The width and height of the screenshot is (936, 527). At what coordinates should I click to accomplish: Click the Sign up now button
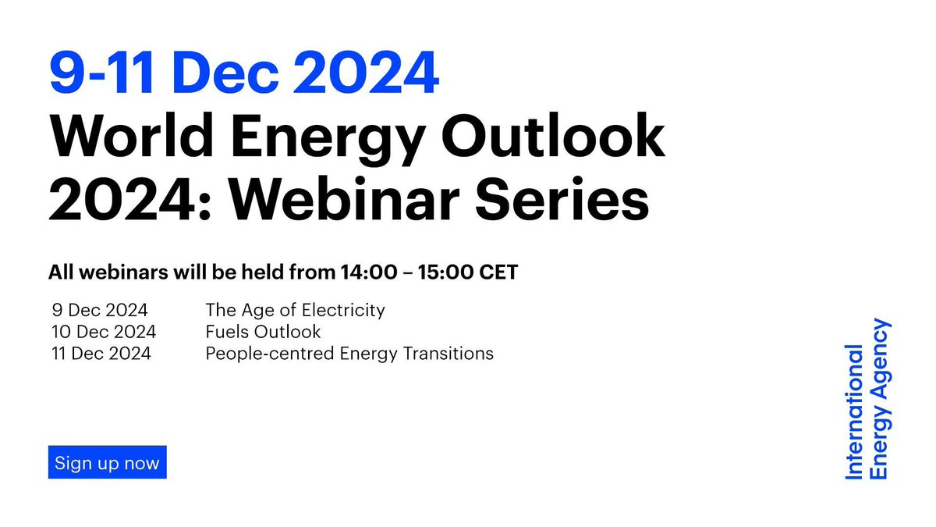[x=107, y=462]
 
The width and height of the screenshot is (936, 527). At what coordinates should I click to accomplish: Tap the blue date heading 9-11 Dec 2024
[x=243, y=74]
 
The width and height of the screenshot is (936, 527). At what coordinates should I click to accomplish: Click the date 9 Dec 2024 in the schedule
[x=100, y=310]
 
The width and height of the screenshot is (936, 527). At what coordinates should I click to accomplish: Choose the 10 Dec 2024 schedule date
[x=104, y=332]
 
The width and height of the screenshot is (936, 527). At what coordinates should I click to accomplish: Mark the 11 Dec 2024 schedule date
[x=101, y=354]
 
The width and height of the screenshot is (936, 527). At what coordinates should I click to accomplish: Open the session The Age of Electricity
[x=295, y=310]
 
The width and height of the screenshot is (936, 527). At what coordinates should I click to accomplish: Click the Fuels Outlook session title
[x=263, y=332]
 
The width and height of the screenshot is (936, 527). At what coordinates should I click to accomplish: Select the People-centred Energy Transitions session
[x=349, y=354]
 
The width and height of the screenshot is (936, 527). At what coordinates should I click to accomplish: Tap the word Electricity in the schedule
[x=346, y=310]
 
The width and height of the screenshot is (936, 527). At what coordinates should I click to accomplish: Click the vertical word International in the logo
[x=855, y=411]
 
